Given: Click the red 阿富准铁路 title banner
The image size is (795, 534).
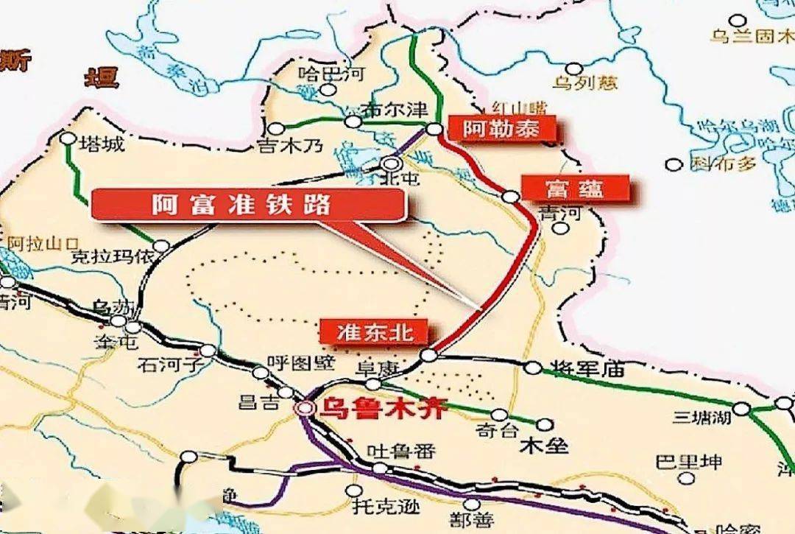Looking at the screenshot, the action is pos(248,204).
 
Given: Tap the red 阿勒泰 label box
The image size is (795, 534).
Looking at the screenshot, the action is pos(501,130).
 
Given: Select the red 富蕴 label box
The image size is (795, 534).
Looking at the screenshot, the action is pos(576,189).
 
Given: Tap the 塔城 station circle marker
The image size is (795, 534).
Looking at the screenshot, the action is pos(68,138).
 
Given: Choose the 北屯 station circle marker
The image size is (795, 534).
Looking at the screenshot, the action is pos(392,164).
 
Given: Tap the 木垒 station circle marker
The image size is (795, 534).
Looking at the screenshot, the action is pos(544,424).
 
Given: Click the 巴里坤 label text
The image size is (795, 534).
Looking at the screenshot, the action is pos(689,463).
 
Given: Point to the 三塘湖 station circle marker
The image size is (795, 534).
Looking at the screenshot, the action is pos(741,409).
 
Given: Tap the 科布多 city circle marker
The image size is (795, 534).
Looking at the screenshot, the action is pos(672,164).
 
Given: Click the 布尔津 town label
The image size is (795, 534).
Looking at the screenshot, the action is pos(396,110).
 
